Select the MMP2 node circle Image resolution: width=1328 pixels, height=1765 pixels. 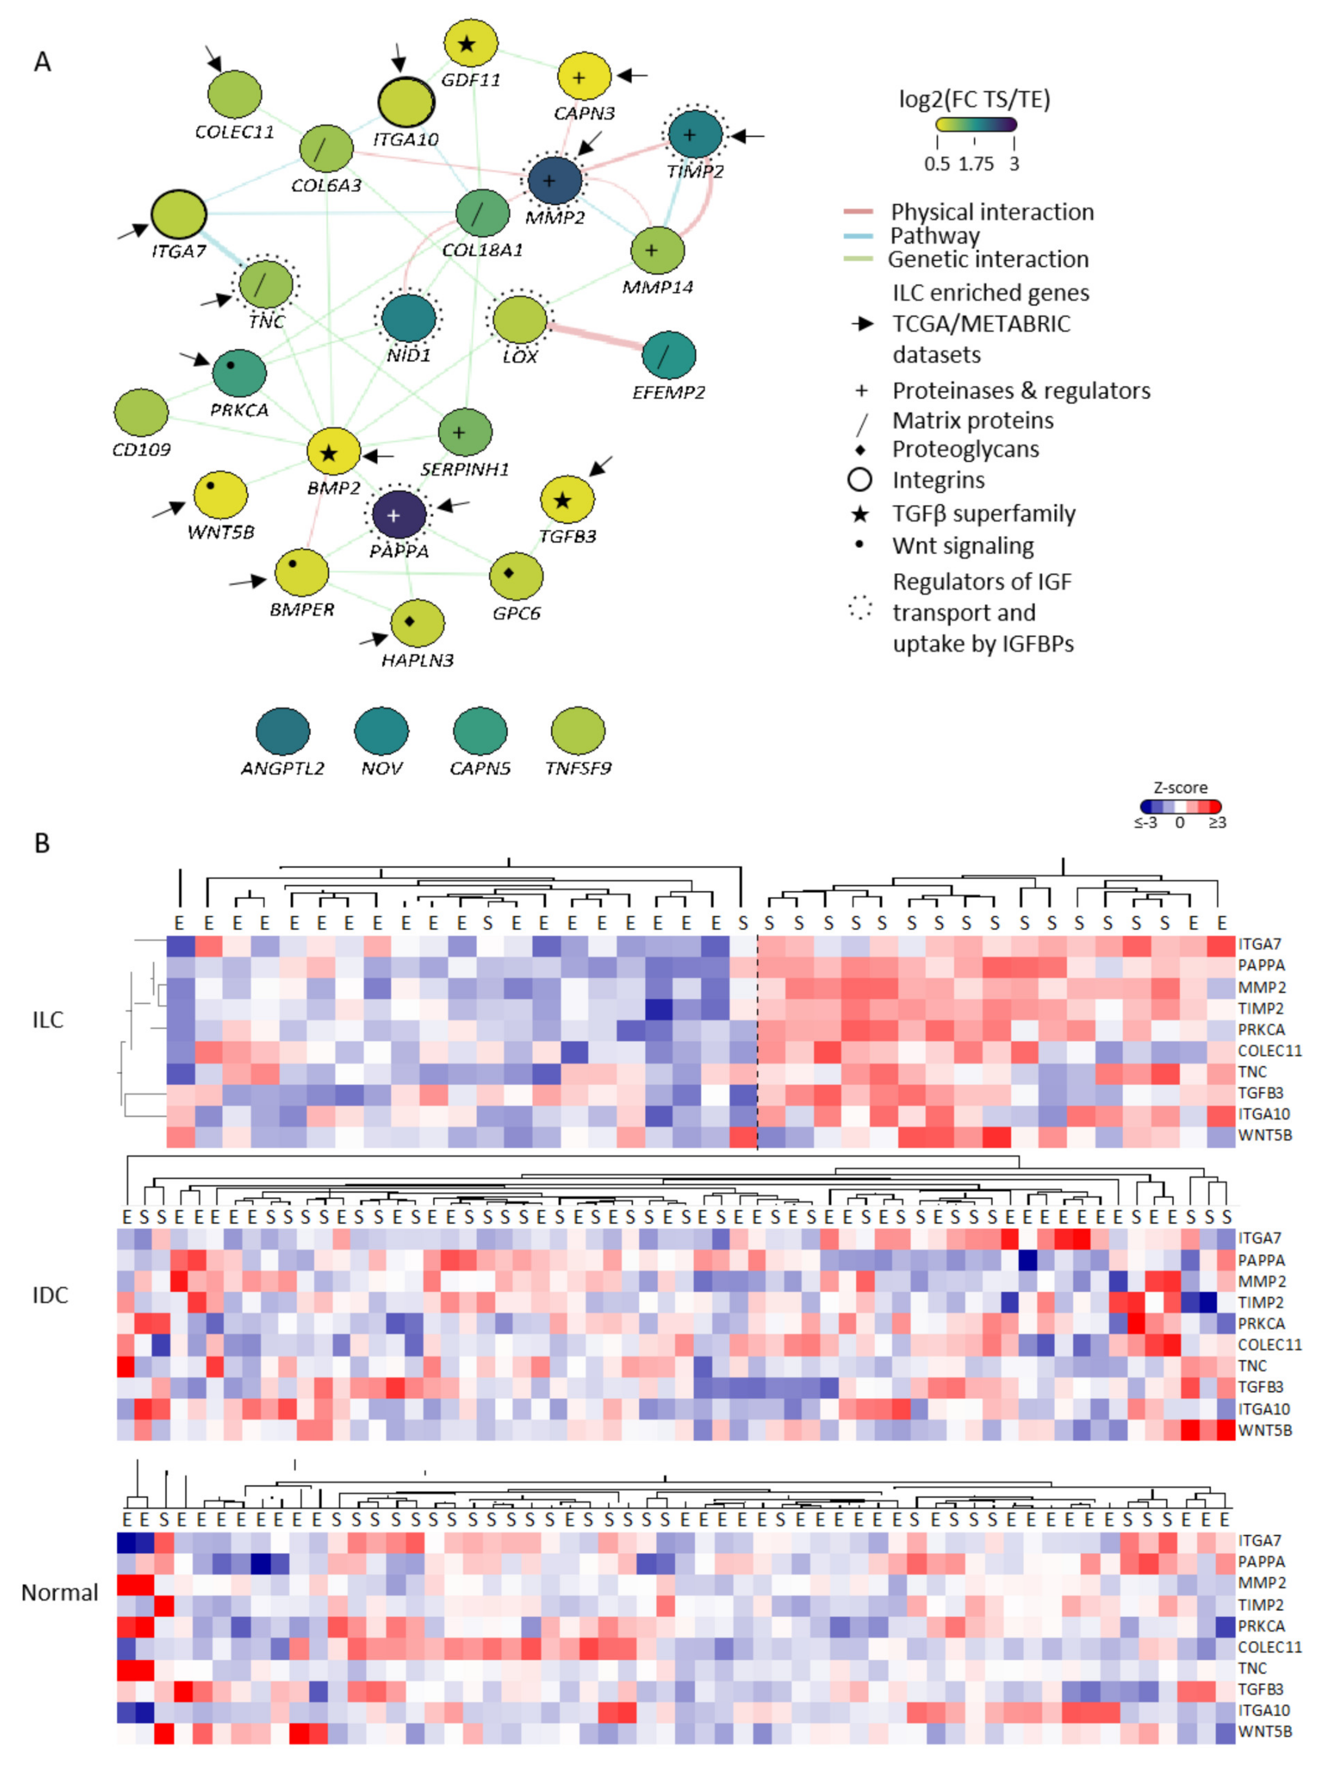pyautogui.click(x=554, y=180)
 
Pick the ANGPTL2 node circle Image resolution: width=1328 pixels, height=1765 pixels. pyautogui.click(x=282, y=730)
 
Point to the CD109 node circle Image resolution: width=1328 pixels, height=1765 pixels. pyautogui.click(x=141, y=412)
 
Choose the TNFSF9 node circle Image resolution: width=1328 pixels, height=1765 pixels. pyautogui.click(x=578, y=730)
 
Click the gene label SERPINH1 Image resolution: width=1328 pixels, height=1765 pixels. pyautogui.click(x=465, y=469)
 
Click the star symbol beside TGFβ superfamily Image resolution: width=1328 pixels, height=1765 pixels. pyautogui.click(x=860, y=514)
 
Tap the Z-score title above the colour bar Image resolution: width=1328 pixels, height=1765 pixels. pyautogui.click(x=1180, y=787)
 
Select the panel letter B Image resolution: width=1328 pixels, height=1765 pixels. pyautogui.click(x=42, y=843)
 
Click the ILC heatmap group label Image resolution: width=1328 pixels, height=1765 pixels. pyautogui.click(x=48, y=1020)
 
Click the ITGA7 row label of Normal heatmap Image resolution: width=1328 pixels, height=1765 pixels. pyautogui.click(x=1259, y=1541)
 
